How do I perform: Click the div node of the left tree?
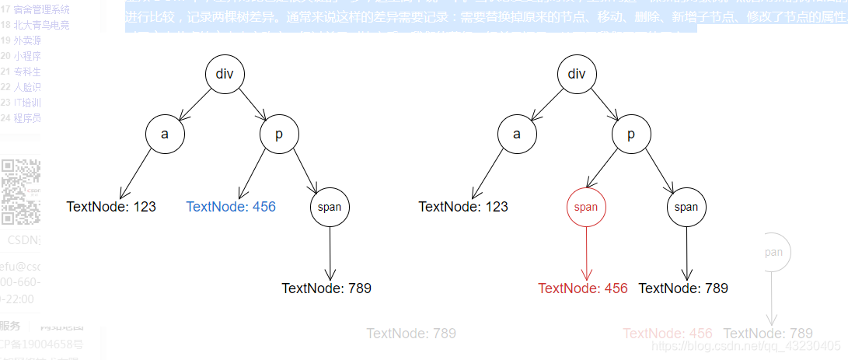(225, 75)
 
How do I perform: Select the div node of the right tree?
(577, 75)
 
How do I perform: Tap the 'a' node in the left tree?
(165, 134)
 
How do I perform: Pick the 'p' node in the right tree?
(631, 134)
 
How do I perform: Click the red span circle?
(586, 207)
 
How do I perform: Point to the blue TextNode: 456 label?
(231, 207)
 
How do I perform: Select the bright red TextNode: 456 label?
(582, 288)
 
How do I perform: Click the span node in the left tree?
(330, 207)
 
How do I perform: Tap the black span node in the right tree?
(686, 207)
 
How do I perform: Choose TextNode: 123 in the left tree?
(111, 207)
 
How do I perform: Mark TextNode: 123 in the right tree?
(463, 207)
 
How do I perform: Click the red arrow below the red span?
(586, 253)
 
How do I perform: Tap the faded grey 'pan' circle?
(772, 252)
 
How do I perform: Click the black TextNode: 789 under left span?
(326, 288)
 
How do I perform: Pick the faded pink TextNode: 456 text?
(668, 334)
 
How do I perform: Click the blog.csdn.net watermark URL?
(745, 345)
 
